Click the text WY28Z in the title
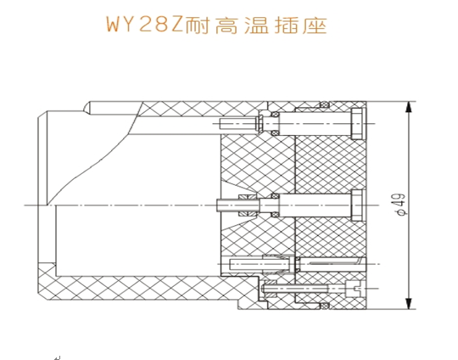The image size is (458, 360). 144,25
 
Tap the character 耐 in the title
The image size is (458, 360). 197,25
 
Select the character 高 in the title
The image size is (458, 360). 226,25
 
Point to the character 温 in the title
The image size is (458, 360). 256,25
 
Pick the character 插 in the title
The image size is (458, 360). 286,25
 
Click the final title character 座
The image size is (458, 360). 315,25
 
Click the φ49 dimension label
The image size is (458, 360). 401,205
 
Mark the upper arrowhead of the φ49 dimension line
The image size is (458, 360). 409,107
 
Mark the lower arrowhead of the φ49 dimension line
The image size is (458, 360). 409,303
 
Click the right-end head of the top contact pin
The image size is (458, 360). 358,123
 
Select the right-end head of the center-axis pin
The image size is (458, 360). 358,205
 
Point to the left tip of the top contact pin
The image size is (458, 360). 221,124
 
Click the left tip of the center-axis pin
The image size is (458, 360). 218,205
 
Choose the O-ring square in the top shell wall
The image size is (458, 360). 324,104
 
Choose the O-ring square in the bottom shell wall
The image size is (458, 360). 324,307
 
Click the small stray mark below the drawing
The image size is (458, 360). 58,357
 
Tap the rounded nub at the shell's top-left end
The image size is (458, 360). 87,107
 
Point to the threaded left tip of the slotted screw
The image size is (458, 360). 264,289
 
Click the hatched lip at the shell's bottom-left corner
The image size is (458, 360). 47,278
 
